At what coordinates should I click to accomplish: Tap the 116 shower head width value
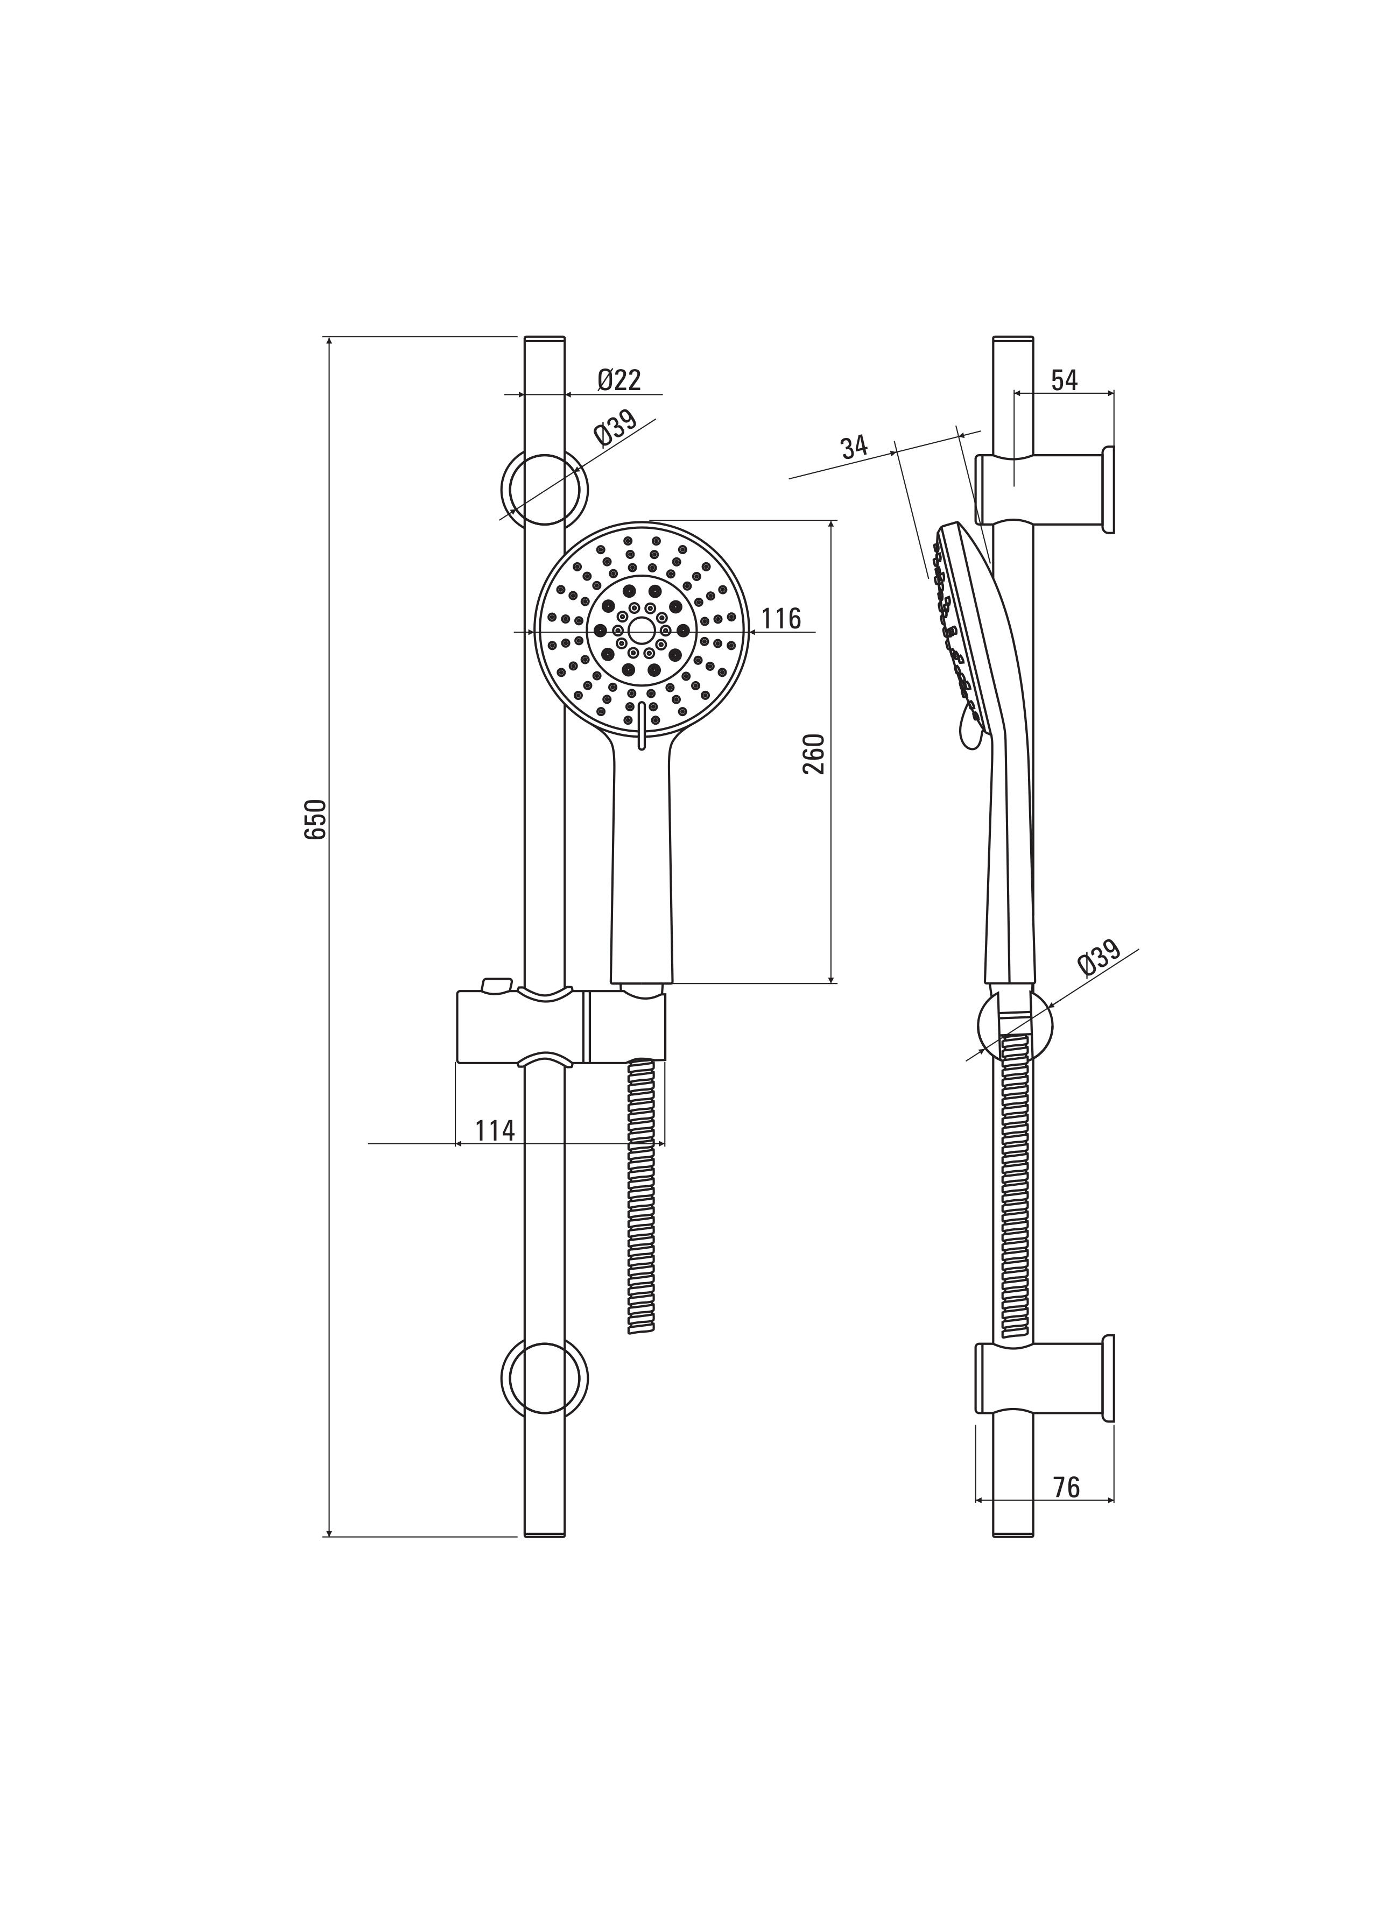(x=780, y=619)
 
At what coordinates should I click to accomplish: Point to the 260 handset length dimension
(x=813, y=755)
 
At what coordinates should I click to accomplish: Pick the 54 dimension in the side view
(x=1065, y=380)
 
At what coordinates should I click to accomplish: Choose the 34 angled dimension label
(x=855, y=447)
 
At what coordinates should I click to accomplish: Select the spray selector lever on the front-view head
(x=641, y=725)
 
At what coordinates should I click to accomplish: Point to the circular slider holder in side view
(x=981, y=1025)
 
